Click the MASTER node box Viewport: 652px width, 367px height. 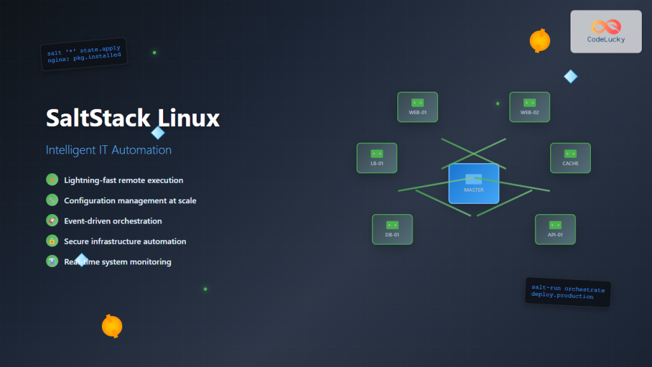474,183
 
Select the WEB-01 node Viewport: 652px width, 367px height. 418,107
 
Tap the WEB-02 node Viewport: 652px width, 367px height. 529,107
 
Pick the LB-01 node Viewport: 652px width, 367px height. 377,158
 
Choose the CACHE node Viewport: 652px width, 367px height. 570,158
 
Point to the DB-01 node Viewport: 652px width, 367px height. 392,229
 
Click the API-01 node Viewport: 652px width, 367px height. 555,229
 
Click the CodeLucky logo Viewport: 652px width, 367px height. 606,31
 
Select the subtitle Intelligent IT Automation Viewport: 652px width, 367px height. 109,150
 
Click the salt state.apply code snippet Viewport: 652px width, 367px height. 84,54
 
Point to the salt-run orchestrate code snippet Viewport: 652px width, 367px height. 567,292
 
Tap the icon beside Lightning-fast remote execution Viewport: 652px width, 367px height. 52,180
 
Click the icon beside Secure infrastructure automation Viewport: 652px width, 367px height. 52,241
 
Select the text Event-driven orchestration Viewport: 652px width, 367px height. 113,221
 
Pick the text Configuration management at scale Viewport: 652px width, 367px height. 130,201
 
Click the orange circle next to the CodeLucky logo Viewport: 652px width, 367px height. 540,41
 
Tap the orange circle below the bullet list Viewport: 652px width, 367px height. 112,326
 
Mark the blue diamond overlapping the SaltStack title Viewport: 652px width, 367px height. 158,133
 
